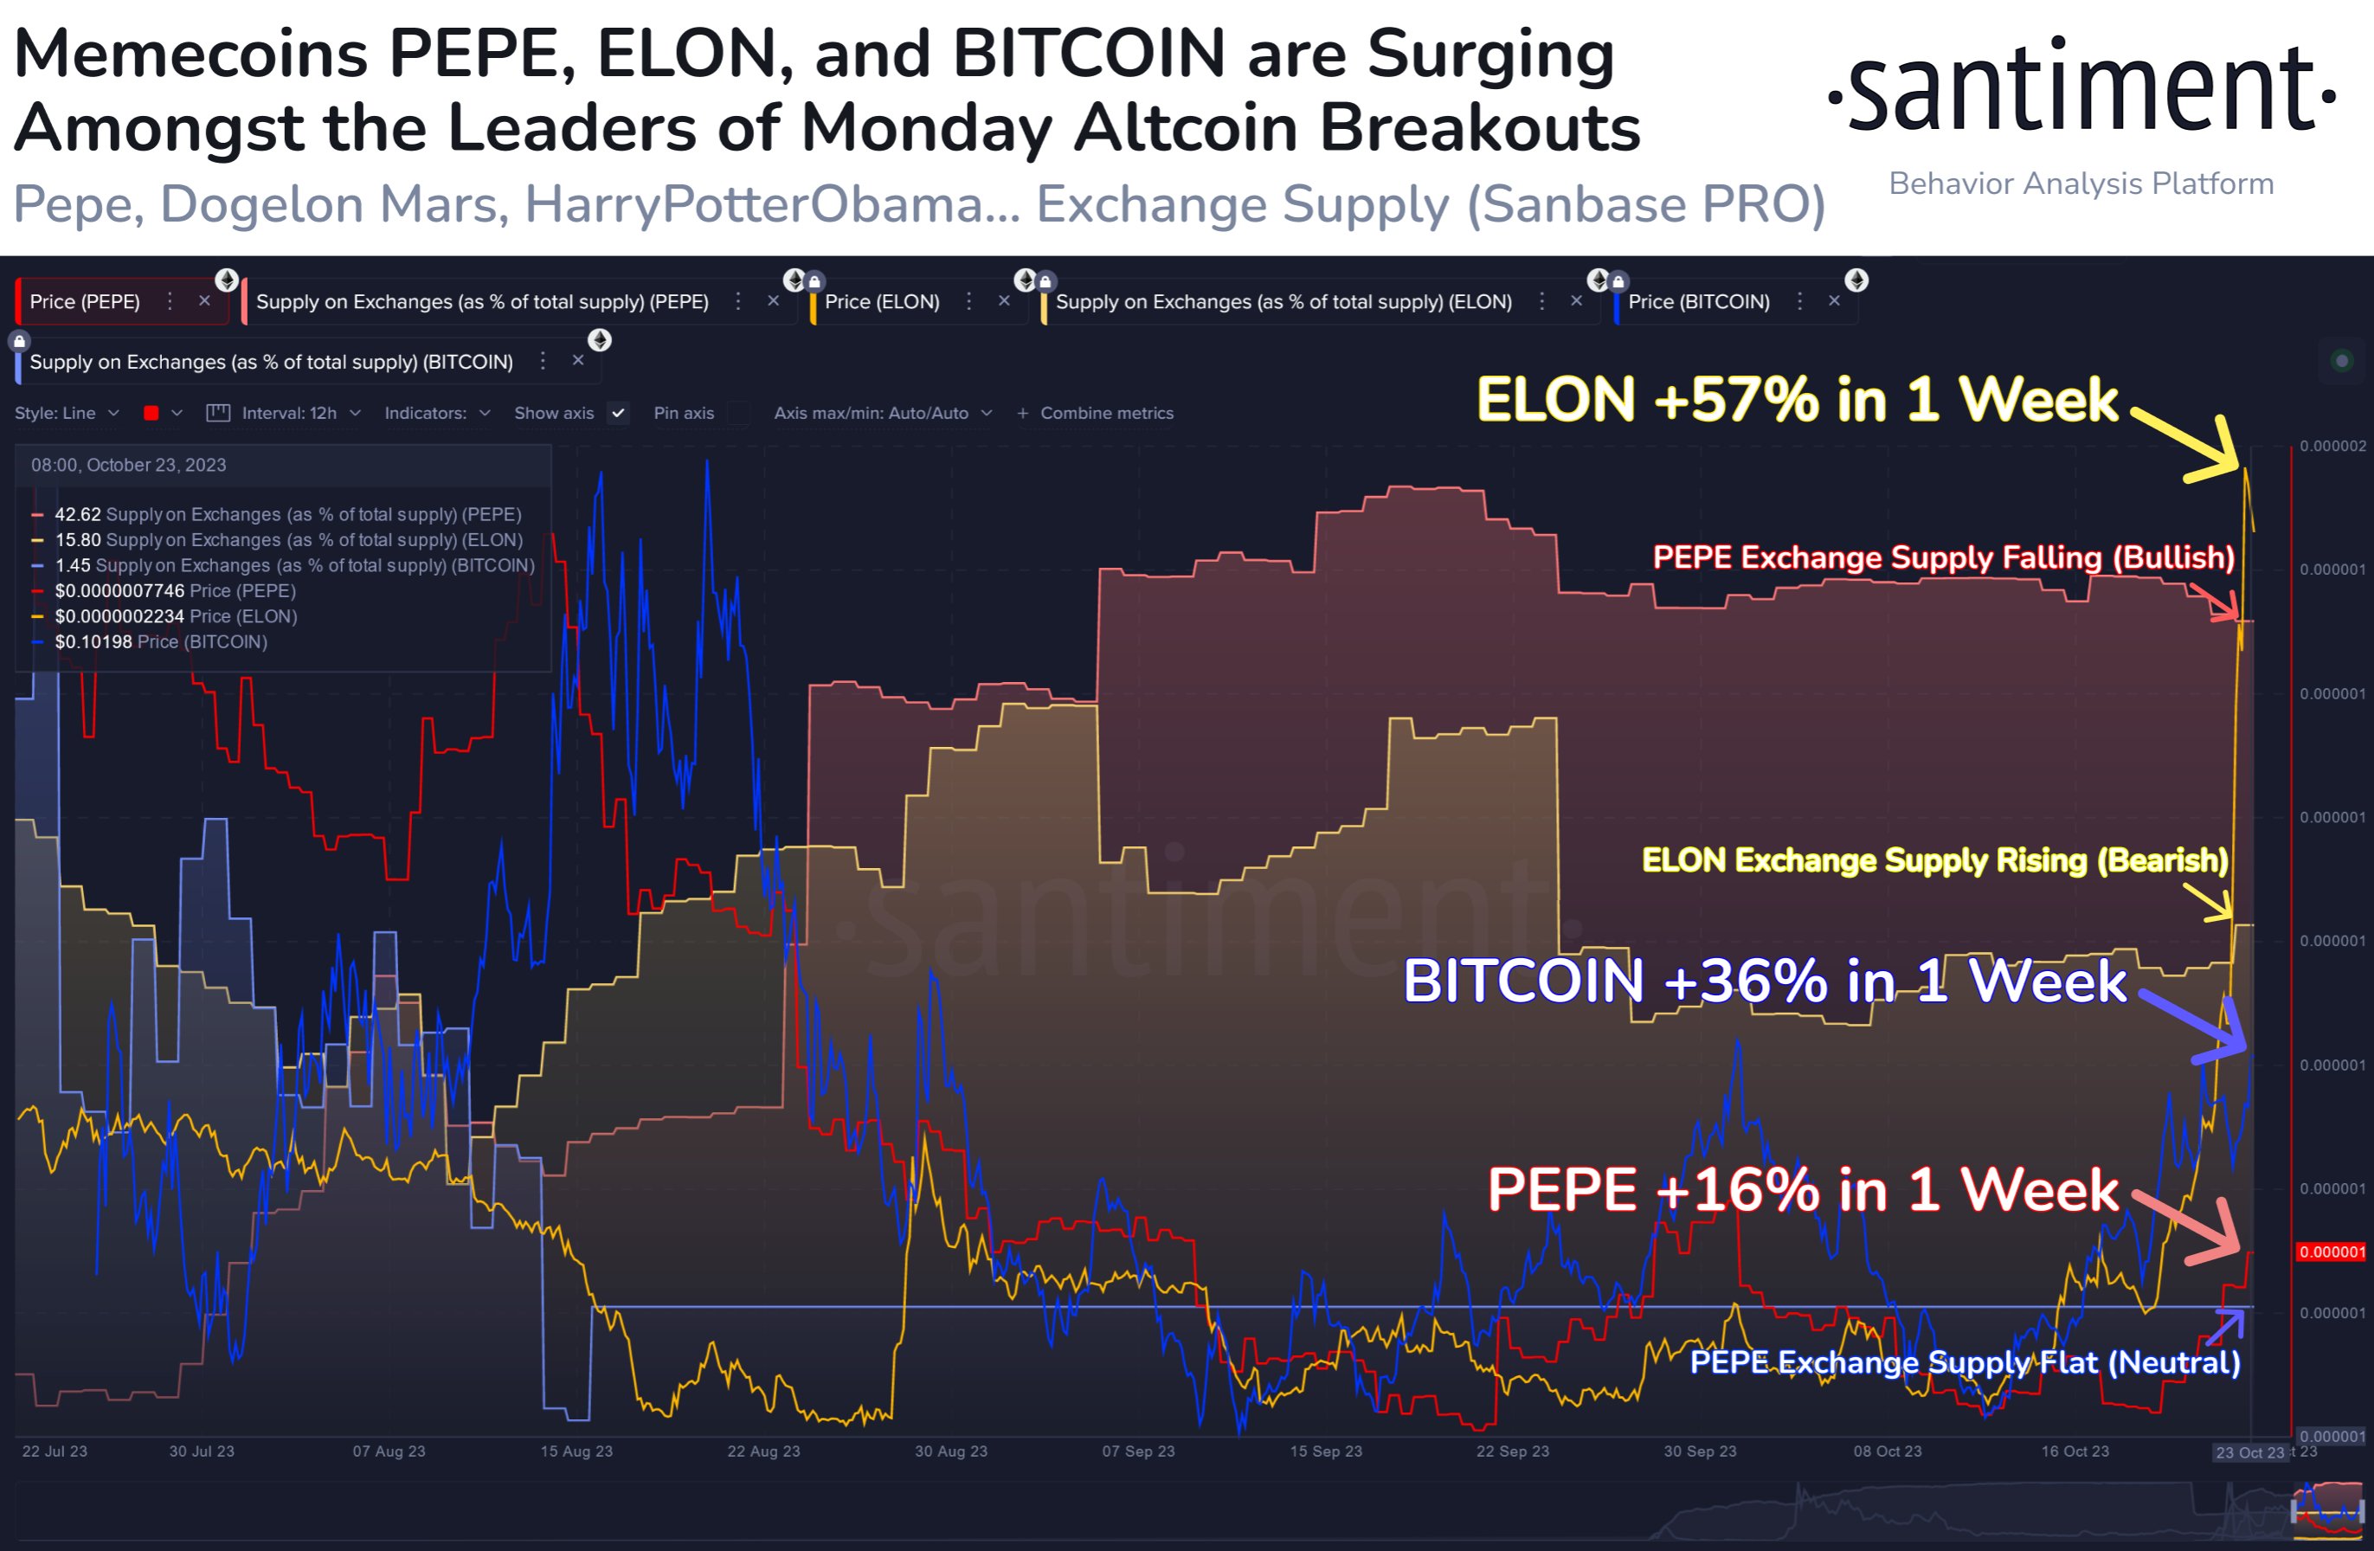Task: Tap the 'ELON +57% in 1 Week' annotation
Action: click(x=1796, y=400)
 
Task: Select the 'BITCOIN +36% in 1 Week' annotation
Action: click(x=1764, y=981)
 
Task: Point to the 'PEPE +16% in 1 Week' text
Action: click(x=1801, y=1190)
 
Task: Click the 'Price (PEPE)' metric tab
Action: click(x=85, y=302)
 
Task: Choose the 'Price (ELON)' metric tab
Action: click(x=882, y=302)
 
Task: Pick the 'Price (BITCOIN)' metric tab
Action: click(x=1698, y=302)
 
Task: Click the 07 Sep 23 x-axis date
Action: click(x=1138, y=1451)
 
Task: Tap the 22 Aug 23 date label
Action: click(x=763, y=1451)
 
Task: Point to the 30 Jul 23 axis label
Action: click(x=202, y=1451)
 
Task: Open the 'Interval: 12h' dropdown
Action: click(x=288, y=413)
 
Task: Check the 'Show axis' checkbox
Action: click(x=619, y=413)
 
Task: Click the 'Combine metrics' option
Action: click(x=1105, y=413)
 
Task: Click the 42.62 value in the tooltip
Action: click(x=78, y=515)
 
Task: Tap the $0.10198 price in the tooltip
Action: click(x=93, y=642)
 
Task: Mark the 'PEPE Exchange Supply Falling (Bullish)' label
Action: click(x=1943, y=557)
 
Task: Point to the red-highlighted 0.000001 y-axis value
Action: click(x=2331, y=1252)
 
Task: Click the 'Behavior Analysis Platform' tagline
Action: click(x=2081, y=183)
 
